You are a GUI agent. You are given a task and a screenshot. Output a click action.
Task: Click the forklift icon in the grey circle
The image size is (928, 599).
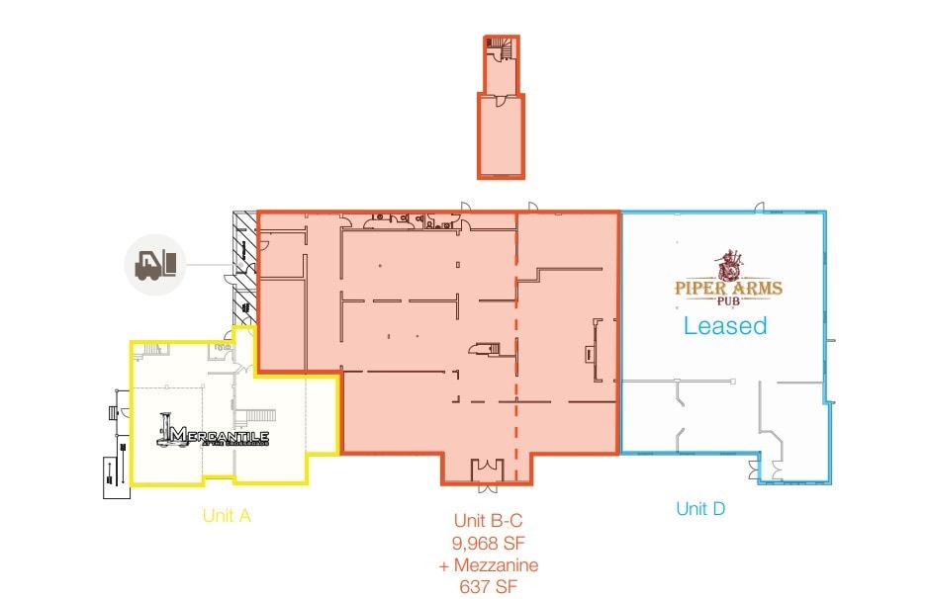click(x=155, y=265)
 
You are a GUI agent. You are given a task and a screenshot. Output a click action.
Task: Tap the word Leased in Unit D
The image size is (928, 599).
click(x=725, y=325)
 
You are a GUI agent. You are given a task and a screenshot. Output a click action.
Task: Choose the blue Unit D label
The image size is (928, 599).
click(x=700, y=509)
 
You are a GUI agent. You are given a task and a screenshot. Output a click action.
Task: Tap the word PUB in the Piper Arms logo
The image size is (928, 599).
click(x=728, y=303)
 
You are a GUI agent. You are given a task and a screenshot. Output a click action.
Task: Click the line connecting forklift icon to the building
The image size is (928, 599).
click(x=209, y=265)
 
